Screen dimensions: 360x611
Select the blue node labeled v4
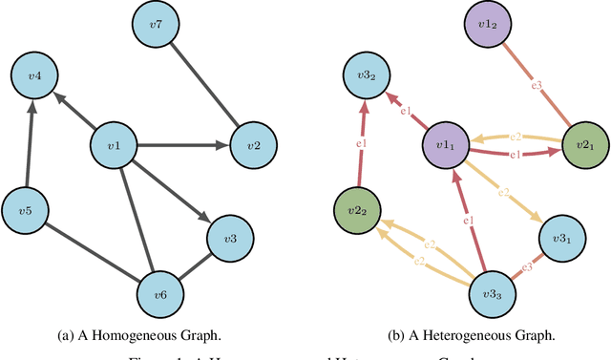[34, 74]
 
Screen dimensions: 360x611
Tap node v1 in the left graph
[113, 146]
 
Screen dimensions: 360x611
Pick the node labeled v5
[26, 210]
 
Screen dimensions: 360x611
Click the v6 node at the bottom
[162, 294]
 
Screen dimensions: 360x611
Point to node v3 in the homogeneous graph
[230, 237]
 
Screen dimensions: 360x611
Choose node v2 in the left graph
[254, 145]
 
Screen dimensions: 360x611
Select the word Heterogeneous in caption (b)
[473, 334]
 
